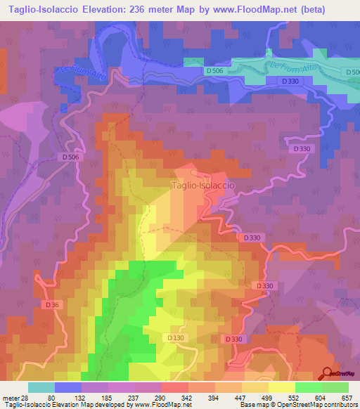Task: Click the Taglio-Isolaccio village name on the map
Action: pos(202,186)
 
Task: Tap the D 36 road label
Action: pos(51,305)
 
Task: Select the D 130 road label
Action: pos(176,338)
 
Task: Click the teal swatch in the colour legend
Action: pos(41,387)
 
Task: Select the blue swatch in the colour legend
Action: pos(68,387)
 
